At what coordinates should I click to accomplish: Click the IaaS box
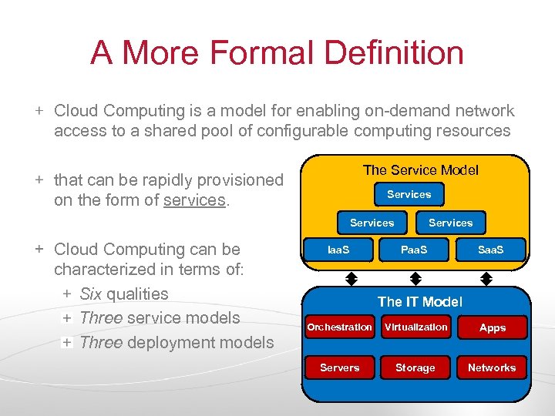pyautogui.click(x=338, y=250)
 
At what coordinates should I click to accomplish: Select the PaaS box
pyautogui.click(x=414, y=250)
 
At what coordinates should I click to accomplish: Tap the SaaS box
pyautogui.click(x=490, y=250)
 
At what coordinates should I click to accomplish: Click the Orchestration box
pyautogui.click(x=339, y=327)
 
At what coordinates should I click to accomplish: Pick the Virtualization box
pyautogui.click(x=415, y=327)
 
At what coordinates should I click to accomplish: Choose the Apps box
pyautogui.click(x=492, y=327)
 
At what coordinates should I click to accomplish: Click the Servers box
pyautogui.click(x=339, y=367)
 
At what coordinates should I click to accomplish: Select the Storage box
pyautogui.click(x=415, y=367)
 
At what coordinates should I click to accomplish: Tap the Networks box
pyautogui.click(x=492, y=367)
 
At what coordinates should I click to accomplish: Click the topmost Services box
pyautogui.click(x=409, y=195)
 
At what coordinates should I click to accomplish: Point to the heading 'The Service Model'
pyautogui.click(x=420, y=170)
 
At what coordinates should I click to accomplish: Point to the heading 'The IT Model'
pyautogui.click(x=419, y=302)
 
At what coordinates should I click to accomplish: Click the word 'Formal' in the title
pyautogui.click(x=261, y=53)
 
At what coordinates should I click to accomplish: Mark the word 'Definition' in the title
pyautogui.click(x=394, y=53)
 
